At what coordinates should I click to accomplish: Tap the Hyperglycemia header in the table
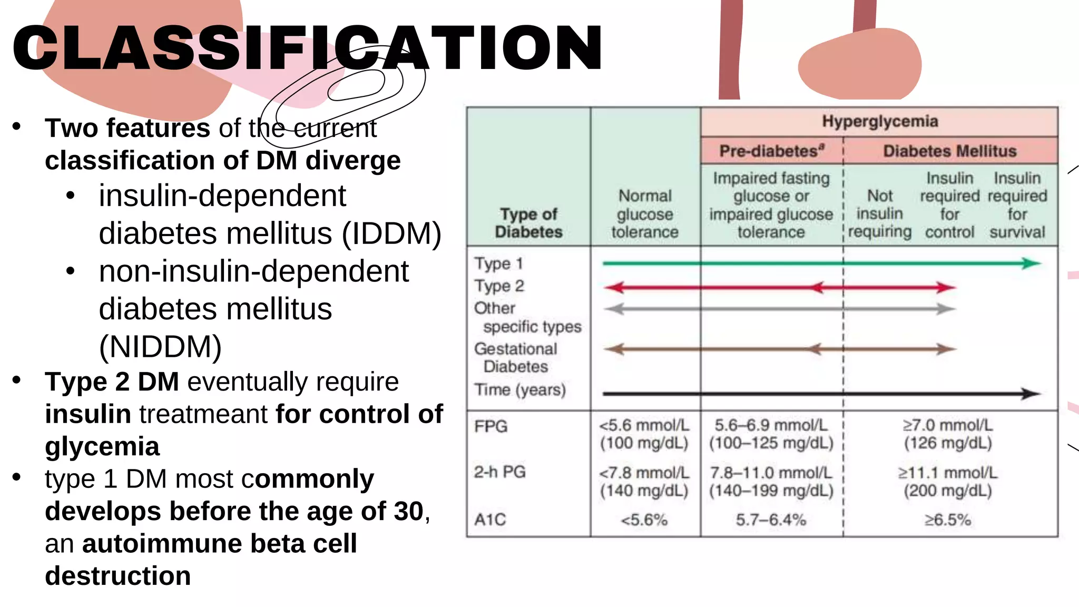coord(880,122)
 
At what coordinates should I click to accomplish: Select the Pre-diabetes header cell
coord(771,151)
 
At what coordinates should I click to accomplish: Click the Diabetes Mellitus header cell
coord(949,151)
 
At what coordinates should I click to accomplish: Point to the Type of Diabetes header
coord(528,223)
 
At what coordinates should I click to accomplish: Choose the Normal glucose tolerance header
coord(645,214)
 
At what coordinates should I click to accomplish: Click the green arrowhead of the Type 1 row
coord(1031,263)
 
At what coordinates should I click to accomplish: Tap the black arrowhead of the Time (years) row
coord(1031,394)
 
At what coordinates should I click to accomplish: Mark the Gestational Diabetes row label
coord(515,357)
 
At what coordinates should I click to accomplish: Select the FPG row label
coord(491,426)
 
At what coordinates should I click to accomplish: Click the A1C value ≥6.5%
coord(947,520)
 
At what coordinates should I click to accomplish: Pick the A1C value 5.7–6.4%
coord(771,520)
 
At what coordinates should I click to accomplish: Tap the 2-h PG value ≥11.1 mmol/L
coord(947,473)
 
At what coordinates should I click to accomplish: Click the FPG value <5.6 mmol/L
coord(644,425)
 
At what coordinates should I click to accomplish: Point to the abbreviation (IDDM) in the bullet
coord(391,233)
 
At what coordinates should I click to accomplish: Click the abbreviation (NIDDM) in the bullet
coord(160,347)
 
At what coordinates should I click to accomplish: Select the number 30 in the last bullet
coord(408,511)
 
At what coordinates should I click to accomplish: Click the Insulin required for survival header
coord(1017,205)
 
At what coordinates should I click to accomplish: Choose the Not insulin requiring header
coord(879,213)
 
